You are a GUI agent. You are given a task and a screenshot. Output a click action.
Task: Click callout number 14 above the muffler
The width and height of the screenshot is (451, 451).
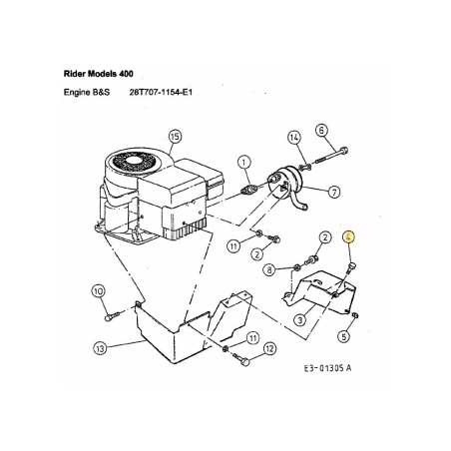tap(294, 137)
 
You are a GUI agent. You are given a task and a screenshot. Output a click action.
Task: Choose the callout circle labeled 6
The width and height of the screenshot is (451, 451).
tap(321, 130)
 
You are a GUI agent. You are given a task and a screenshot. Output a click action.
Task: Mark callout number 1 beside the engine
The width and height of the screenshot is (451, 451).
tap(243, 161)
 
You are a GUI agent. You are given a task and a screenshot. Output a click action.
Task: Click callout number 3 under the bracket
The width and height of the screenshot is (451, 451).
tap(298, 319)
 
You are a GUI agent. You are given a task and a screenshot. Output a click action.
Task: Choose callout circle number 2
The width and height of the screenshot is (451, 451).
tap(325, 236)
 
